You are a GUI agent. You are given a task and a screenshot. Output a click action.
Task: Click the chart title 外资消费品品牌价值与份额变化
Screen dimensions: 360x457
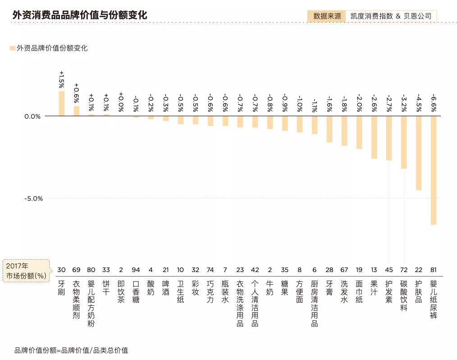pyautogui.click(x=80, y=15)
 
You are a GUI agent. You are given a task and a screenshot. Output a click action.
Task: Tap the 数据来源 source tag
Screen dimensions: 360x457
pyautogui.click(x=327, y=16)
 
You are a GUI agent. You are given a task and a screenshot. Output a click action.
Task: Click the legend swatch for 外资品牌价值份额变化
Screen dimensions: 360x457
pyautogui.click(x=12, y=48)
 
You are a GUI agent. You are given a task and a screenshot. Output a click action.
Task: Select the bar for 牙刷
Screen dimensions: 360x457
pyautogui.click(x=62, y=104)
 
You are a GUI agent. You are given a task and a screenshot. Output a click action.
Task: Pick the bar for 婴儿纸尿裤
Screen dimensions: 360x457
pyautogui.click(x=434, y=170)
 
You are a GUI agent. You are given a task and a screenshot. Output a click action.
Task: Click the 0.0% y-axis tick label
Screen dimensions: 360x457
pyautogui.click(x=32, y=116)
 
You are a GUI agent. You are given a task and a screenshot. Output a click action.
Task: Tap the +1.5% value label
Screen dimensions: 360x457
pyautogui.click(x=62, y=79)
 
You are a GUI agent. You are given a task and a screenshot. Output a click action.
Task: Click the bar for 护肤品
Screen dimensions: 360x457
pyautogui.click(x=419, y=153)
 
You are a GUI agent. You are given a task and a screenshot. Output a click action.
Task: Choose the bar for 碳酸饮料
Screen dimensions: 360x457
pyautogui.click(x=404, y=142)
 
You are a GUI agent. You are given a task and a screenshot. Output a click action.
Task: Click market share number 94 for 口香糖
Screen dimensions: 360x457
pyautogui.click(x=136, y=270)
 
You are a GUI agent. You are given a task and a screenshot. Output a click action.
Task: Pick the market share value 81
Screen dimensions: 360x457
pyautogui.click(x=434, y=270)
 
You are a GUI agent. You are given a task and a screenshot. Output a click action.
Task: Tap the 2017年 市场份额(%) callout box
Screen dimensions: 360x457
pyautogui.click(x=26, y=270)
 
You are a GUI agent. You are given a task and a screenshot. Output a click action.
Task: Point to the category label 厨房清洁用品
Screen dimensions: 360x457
pyautogui.click(x=315, y=303)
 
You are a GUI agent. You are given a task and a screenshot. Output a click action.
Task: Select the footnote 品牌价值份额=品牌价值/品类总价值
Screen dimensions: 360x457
pyautogui.click(x=71, y=351)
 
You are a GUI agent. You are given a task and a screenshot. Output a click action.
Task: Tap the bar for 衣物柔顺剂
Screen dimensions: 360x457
pyautogui.click(x=77, y=111)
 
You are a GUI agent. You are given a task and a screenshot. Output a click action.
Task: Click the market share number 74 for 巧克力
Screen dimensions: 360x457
pyautogui.click(x=210, y=270)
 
